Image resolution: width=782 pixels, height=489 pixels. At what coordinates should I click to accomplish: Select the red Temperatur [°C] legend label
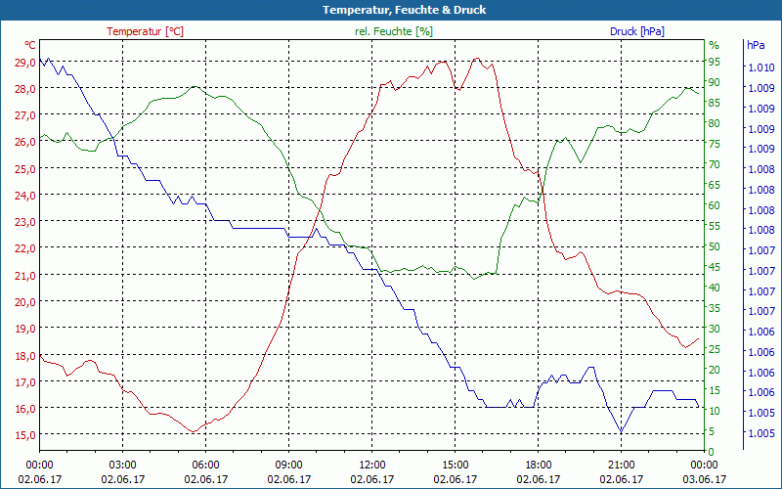(145, 31)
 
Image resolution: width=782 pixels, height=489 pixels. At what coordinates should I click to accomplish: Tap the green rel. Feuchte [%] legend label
(394, 31)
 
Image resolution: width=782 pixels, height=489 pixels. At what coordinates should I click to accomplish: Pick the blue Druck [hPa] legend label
(636, 31)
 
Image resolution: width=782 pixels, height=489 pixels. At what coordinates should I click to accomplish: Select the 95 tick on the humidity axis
(714, 62)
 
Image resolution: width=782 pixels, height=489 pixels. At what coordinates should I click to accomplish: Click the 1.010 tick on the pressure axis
(760, 67)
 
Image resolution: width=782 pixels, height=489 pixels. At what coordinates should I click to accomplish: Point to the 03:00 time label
(123, 465)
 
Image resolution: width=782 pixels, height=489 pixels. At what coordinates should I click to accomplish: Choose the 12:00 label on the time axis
(372, 465)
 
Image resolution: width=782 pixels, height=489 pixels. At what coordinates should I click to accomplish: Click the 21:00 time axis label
(622, 465)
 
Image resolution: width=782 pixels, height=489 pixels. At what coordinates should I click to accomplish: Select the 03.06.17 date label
(705, 479)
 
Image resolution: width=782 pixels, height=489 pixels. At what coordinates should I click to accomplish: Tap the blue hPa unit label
(756, 45)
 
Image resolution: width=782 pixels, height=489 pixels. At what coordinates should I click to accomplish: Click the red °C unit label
(30, 45)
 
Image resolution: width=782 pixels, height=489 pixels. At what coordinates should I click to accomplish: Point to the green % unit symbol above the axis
(714, 45)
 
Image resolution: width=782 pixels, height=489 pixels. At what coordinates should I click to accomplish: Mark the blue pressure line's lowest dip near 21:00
(621, 432)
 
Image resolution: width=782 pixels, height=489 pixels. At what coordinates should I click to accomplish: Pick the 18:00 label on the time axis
(539, 465)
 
